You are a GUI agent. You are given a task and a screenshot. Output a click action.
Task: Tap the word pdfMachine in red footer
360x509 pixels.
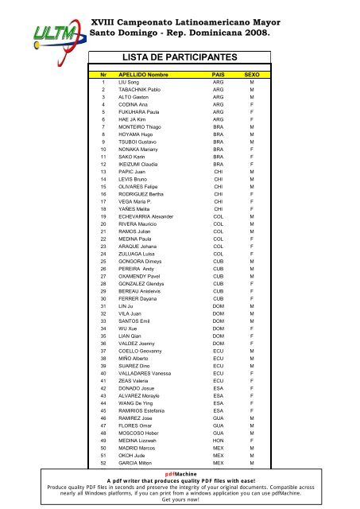pos(180,472)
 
